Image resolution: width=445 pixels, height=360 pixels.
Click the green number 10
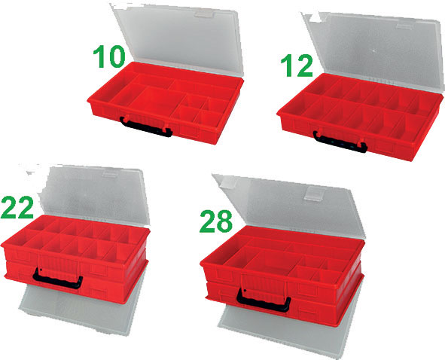pyautogui.click(x=109, y=57)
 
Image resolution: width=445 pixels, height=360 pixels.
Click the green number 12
pyautogui.click(x=297, y=66)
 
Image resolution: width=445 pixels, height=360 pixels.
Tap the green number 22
pyautogui.click(x=17, y=208)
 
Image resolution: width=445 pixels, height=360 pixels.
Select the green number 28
pyautogui.click(x=216, y=221)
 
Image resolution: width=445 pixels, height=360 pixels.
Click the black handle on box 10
pyautogui.click(x=145, y=127)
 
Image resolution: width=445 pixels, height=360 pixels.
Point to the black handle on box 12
pyautogui.click(x=340, y=142)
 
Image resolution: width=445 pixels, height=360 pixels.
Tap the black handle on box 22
pyautogui.click(x=58, y=279)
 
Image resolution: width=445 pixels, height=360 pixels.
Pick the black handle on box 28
pyautogui.click(x=264, y=301)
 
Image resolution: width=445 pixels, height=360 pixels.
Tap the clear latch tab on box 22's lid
pyautogui.click(x=111, y=172)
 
